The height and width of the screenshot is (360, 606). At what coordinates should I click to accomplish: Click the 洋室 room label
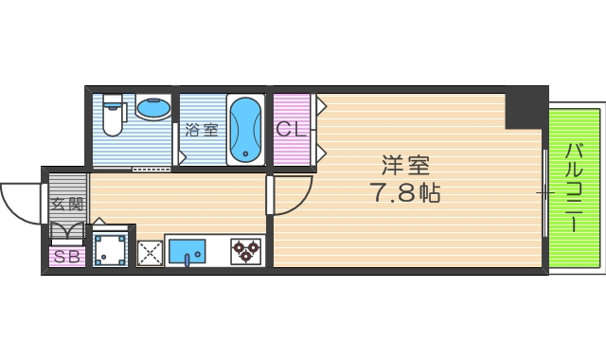click(x=406, y=166)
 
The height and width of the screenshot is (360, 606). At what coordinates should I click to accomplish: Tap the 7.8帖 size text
click(x=405, y=195)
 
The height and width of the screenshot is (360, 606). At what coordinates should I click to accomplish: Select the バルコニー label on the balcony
click(x=574, y=188)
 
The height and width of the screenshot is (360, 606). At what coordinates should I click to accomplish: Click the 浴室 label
click(x=201, y=130)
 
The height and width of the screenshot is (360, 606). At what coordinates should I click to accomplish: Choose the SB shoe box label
click(x=66, y=257)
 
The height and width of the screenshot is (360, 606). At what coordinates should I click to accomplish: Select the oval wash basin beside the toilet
click(x=154, y=107)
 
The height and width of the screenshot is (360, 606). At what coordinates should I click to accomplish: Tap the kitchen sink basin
click(x=187, y=251)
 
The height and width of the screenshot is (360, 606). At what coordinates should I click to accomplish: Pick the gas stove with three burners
click(x=246, y=251)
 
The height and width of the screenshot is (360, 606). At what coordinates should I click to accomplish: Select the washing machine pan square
click(x=111, y=248)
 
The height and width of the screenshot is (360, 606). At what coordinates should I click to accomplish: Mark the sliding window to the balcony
click(x=544, y=191)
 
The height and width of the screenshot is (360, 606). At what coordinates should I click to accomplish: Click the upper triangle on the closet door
click(x=321, y=105)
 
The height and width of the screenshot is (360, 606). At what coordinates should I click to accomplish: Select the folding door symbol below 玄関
click(x=66, y=232)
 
